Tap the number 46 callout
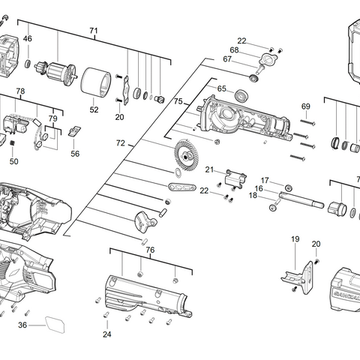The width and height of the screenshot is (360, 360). click(x=27, y=38)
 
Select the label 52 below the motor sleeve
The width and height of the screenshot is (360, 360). click(x=94, y=109)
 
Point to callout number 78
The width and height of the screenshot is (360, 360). click(x=21, y=91)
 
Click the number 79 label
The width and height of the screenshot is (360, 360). click(x=53, y=118)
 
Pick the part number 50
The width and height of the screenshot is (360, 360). click(x=14, y=160)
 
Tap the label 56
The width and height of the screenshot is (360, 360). click(x=75, y=153)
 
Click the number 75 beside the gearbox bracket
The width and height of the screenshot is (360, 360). click(x=178, y=100)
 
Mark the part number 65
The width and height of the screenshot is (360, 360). click(x=221, y=88)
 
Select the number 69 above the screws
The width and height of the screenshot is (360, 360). click(x=306, y=106)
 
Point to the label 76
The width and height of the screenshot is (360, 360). click(x=150, y=250)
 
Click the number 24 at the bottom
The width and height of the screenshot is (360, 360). click(x=106, y=334)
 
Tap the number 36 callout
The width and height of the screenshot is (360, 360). click(x=22, y=325)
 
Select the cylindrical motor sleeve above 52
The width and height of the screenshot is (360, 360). click(x=95, y=82)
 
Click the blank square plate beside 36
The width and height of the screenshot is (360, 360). click(x=55, y=325)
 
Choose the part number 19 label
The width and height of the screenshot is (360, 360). click(x=295, y=239)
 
